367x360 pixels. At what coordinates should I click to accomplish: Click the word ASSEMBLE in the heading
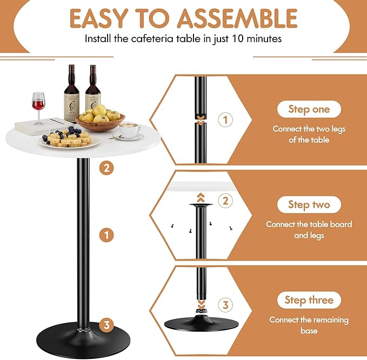(239, 18)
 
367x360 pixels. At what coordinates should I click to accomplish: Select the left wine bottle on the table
(71, 95)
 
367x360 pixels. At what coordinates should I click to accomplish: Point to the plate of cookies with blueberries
(68, 139)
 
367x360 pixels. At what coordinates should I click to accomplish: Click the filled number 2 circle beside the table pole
(107, 168)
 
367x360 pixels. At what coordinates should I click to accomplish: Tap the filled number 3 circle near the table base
(107, 325)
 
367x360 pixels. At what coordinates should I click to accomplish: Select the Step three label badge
(309, 300)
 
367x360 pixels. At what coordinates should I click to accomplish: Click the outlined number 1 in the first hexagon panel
(226, 119)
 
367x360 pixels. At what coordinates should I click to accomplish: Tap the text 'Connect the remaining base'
(309, 325)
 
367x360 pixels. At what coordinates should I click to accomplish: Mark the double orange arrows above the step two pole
(201, 197)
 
